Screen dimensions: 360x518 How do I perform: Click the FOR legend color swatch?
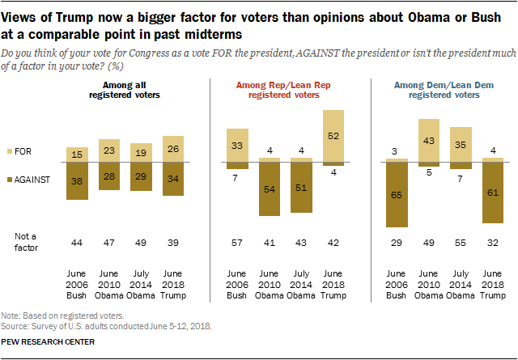point(9,151)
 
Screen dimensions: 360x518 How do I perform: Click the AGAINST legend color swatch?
point(9,180)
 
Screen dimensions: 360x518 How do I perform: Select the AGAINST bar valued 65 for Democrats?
point(396,195)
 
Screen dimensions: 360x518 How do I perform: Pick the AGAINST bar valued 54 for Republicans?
point(270,189)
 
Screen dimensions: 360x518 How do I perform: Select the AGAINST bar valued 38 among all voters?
point(76,180)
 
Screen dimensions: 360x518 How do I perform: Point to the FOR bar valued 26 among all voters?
point(172,150)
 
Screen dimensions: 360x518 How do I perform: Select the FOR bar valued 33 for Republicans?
point(237,145)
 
